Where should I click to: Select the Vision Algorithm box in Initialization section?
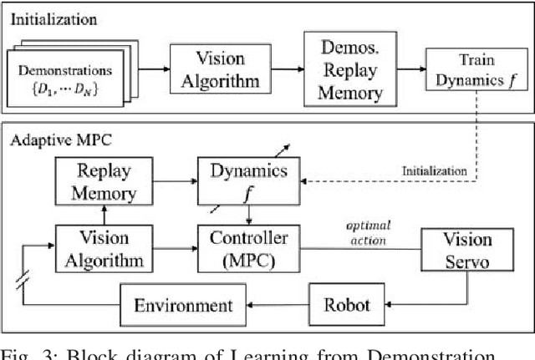209,68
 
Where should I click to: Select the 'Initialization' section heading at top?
54,16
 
